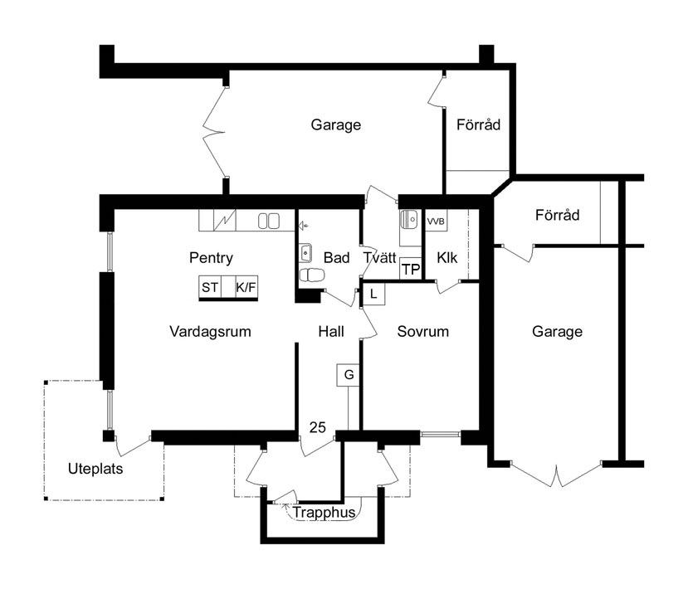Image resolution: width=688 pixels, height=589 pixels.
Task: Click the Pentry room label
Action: point(211,258)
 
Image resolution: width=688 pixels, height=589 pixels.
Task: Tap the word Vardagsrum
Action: point(210,332)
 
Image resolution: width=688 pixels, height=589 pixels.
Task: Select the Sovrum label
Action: point(423,332)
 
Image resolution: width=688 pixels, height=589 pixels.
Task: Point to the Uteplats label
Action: point(95,469)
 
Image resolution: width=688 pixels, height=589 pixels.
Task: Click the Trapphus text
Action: point(324,512)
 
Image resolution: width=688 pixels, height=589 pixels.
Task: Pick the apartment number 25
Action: point(318,427)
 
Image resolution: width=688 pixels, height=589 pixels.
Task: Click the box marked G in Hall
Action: point(349,375)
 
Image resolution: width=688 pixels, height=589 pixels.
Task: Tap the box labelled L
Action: point(373,294)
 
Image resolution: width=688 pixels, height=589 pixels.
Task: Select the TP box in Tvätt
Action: point(411,269)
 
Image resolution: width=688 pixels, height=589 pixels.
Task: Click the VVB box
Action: point(436,221)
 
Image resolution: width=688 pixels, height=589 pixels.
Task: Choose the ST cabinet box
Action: point(210,287)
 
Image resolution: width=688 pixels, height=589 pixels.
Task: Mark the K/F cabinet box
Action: point(246,287)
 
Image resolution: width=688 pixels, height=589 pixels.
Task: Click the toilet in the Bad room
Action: point(312,275)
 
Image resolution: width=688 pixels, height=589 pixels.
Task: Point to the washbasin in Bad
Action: point(305,253)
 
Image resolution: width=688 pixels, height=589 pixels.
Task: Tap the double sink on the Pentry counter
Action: point(269,221)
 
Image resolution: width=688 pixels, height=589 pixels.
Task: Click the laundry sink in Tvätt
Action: point(408,219)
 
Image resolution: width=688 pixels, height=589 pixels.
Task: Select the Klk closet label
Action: point(446,258)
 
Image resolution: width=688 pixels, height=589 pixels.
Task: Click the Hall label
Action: point(331,332)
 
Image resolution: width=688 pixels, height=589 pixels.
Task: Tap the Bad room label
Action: point(337,258)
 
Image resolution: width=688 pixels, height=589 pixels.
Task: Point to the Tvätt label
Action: point(379,258)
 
